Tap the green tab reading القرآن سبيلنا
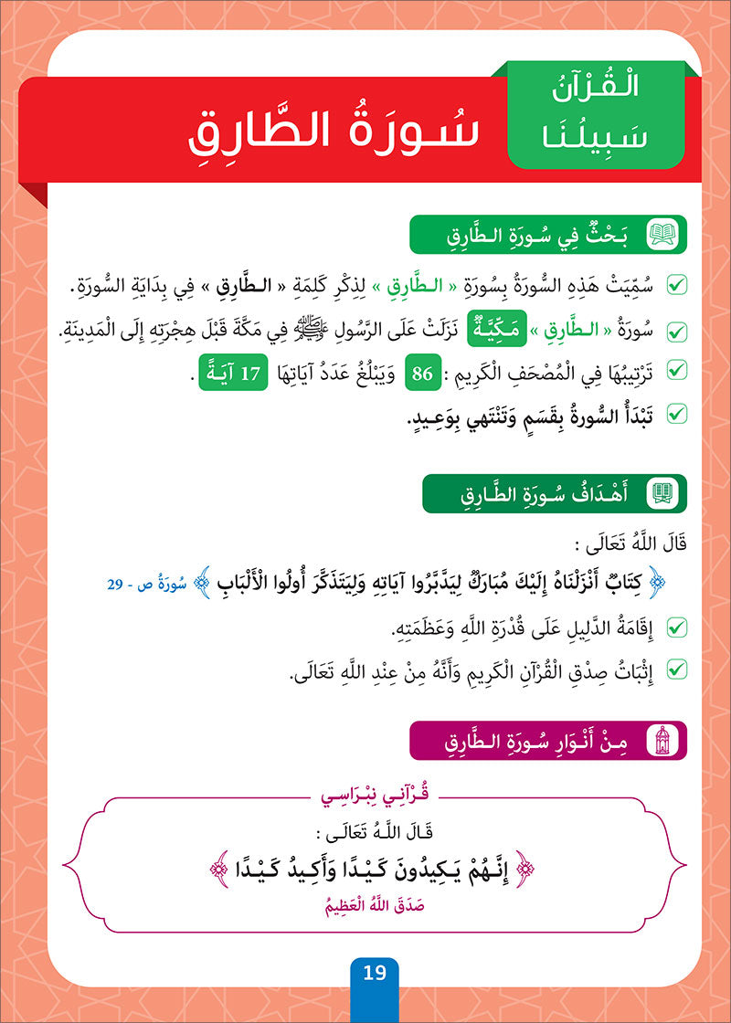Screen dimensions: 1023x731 (x=596, y=115)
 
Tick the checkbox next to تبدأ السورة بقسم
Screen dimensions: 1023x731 (x=677, y=416)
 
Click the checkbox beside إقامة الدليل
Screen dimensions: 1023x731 (x=677, y=628)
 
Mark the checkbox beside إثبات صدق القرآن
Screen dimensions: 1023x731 (x=677, y=671)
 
